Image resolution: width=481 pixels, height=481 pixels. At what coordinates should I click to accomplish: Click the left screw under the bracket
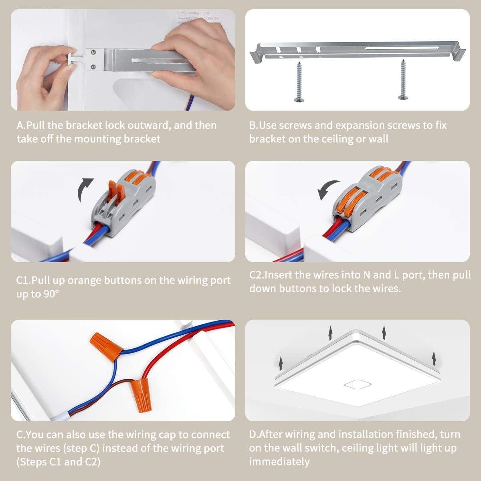[x=299, y=82]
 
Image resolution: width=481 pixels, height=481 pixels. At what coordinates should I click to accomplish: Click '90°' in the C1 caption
[x=51, y=294]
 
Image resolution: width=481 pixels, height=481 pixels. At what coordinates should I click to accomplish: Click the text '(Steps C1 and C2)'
[x=59, y=462]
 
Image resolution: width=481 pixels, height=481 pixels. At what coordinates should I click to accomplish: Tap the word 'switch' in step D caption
[x=321, y=448]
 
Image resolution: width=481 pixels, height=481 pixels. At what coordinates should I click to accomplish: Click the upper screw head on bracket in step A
[x=93, y=52]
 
